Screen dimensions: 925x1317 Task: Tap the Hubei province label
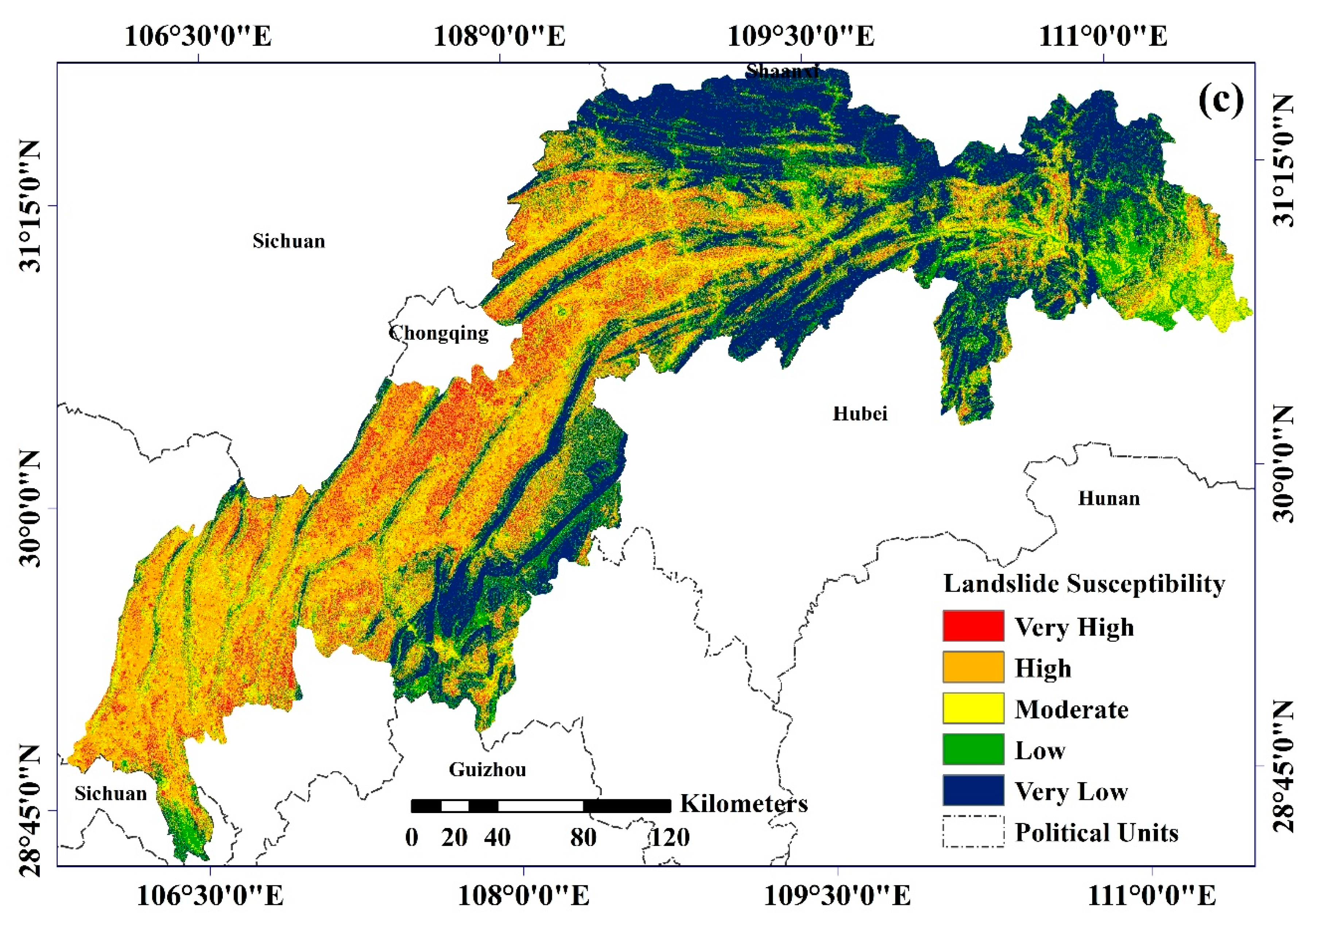point(860,413)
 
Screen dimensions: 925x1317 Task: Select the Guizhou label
point(487,769)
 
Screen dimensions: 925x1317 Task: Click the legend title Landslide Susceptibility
point(1084,584)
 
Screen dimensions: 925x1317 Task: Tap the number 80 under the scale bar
point(583,838)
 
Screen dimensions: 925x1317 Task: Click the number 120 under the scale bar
point(669,838)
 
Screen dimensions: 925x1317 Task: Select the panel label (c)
point(1221,101)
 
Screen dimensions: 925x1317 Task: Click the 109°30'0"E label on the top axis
point(801,36)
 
